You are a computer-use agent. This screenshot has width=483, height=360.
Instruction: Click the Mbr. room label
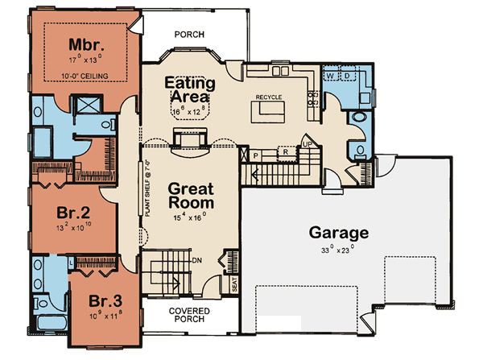coord(83,43)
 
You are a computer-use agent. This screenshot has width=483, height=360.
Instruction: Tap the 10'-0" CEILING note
coord(83,77)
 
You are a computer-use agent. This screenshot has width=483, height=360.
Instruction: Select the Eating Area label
coord(189,89)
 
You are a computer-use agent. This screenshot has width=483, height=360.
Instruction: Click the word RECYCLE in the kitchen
coord(268,97)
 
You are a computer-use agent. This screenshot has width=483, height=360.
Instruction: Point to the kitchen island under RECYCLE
coord(268,115)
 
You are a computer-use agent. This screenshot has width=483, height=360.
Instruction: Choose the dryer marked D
coord(346,75)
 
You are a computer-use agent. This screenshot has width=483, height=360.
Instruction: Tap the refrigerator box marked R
coord(283,151)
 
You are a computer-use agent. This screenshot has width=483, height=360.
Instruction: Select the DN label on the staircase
coord(196,259)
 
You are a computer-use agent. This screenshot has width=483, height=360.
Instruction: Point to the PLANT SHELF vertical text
coord(149,192)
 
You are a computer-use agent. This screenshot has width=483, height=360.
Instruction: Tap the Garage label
coord(339,234)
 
